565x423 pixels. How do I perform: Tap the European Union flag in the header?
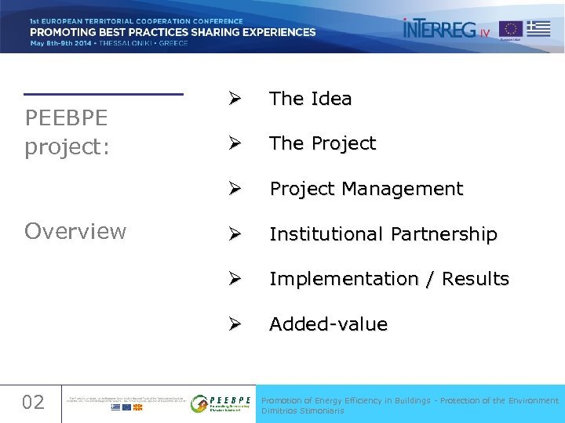click(x=511, y=29)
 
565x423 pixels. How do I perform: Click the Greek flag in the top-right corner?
click(x=538, y=29)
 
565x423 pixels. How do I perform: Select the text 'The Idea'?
click(x=311, y=99)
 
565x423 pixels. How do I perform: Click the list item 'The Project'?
click(x=323, y=144)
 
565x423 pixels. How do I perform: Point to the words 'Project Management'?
click(x=366, y=190)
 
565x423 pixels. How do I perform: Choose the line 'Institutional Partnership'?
click(x=383, y=234)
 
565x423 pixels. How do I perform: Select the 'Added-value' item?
click(x=328, y=324)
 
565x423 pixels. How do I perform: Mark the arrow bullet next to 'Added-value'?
click(x=234, y=324)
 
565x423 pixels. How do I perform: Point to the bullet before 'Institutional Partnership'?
click(x=234, y=234)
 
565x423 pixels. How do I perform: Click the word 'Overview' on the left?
click(x=75, y=231)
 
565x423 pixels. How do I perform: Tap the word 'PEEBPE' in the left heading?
click(x=67, y=119)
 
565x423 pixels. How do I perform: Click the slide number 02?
click(x=33, y=403)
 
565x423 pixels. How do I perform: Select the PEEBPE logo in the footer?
click(x=221, y=403)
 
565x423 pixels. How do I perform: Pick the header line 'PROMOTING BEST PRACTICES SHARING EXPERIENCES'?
click(x=173, y=32)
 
